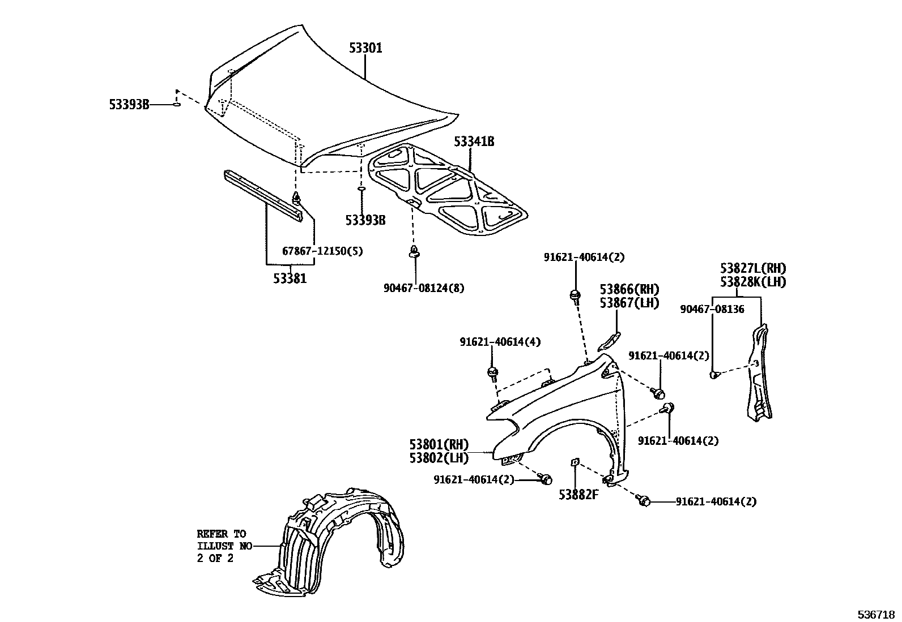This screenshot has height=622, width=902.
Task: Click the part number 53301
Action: [365, 49]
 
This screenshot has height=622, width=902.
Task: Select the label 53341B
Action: [474, 141]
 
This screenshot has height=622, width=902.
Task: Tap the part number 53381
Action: [290, 278]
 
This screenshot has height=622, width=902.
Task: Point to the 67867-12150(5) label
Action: [322, 251]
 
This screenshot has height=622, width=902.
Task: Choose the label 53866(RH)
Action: [630, 290]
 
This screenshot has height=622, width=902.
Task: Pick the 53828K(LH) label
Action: [753, 282]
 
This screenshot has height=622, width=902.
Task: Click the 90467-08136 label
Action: [712, 309]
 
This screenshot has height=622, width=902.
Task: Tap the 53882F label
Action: [578, 495]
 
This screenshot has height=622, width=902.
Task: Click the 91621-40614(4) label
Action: [500, 342]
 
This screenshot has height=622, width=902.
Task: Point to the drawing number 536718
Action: [876, 615]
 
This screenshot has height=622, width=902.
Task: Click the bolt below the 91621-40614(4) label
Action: [492, 373]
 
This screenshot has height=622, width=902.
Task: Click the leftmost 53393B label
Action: [129, 104]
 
